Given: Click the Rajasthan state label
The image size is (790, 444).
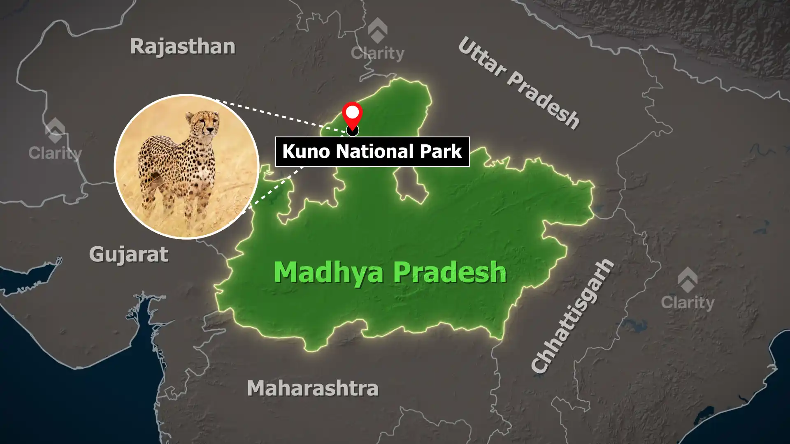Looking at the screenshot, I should click(183, 46).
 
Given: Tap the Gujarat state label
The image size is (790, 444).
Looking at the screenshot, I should click(128, 254).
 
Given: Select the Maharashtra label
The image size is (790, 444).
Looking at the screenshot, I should click(312, 388).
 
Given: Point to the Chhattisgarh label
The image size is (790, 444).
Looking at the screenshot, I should click(572, 317).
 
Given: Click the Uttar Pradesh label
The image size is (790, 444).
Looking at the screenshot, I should click(518, 83).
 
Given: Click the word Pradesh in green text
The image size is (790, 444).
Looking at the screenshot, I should click(449, 272).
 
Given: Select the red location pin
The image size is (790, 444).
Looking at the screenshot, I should click(353, 115).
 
